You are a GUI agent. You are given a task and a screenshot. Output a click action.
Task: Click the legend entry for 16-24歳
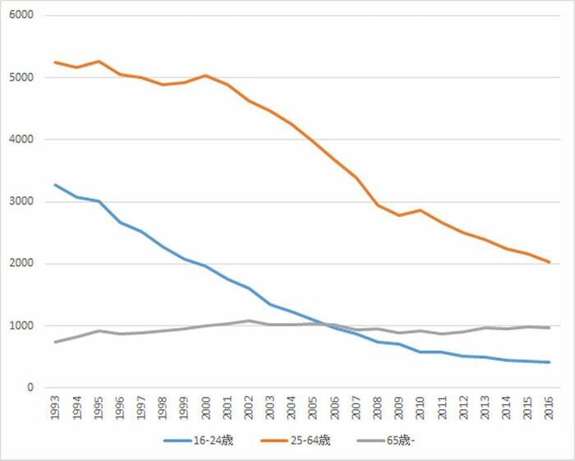199,440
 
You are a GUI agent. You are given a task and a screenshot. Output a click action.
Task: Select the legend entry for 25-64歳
296,440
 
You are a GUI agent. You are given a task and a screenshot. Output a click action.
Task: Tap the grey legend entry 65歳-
385,440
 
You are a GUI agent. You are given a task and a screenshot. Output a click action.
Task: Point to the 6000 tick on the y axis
21,15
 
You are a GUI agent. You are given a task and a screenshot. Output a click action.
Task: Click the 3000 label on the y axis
21,201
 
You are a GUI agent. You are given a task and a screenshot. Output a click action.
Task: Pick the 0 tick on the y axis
30,387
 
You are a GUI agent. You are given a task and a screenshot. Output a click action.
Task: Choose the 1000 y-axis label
21,325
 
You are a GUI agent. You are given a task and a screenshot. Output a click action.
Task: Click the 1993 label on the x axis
55,408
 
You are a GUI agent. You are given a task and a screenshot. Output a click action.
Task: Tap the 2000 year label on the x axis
205,408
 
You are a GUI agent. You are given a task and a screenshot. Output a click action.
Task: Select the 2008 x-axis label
377,408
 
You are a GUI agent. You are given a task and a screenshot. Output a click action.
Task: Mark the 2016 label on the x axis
549,408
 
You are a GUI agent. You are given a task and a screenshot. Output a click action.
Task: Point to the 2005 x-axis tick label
313,408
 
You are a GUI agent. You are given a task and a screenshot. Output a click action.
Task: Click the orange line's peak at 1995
99,61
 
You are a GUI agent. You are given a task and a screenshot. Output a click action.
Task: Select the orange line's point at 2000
205,76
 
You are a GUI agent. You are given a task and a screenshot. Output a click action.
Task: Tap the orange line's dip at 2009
399,215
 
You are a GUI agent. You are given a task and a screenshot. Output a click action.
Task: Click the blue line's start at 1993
55,185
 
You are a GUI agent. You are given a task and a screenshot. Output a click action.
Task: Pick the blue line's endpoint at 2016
549,362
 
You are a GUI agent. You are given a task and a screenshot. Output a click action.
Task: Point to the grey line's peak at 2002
249,321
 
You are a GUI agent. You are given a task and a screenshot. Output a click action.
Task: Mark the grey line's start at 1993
55,342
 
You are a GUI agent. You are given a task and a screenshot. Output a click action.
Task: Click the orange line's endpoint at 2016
549,262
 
